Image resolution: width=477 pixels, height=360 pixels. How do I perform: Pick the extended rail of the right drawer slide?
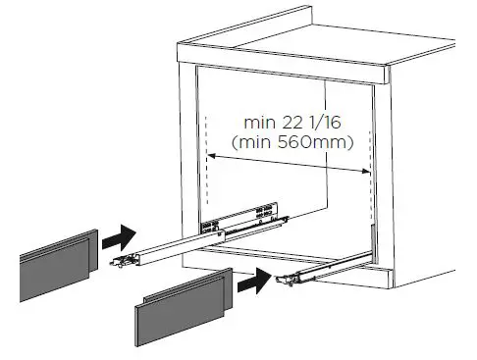[324, 268]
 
